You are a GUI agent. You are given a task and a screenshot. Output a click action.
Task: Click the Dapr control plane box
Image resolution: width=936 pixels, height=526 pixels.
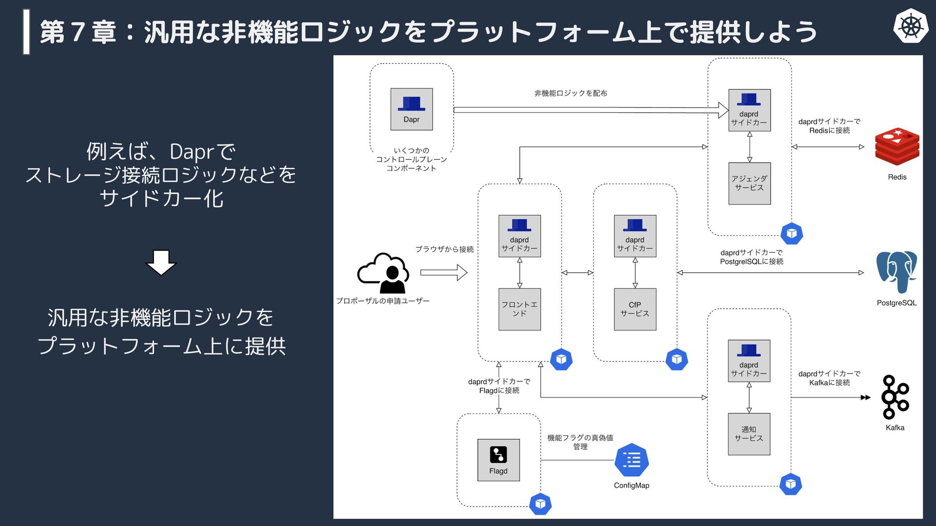pos(411,109)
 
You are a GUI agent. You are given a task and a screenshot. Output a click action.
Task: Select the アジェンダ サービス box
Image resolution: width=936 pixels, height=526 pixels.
pos(749,183)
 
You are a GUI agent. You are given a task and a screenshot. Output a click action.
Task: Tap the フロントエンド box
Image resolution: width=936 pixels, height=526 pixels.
pos(519,309)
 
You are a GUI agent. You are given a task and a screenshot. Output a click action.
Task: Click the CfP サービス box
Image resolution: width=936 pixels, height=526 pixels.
pos(635,309)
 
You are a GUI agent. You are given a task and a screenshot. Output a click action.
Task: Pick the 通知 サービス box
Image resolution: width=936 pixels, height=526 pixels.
pos(749,434)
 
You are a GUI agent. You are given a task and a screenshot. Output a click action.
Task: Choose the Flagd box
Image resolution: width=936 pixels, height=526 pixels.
pos(498,460)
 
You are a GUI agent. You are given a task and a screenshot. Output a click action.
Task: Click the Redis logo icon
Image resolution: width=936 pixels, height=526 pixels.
pos(897,147)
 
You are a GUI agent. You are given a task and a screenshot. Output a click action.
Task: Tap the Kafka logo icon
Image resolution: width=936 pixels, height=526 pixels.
pos(895,397)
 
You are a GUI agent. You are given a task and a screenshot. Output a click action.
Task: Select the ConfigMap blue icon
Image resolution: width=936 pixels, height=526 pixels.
pos(631,460)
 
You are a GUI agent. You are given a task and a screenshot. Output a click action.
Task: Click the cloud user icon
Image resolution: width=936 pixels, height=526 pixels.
pos(383,273)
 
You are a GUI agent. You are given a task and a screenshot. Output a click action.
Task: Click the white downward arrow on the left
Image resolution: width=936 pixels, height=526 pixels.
pos(161,263)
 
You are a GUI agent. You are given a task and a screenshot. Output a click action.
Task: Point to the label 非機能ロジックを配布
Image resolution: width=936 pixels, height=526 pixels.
pos(570,93)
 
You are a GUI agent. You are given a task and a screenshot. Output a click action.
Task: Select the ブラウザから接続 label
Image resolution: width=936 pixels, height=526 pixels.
pos(444,249)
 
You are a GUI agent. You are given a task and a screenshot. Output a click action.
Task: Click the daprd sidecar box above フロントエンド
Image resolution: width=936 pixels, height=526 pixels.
pos(519,236)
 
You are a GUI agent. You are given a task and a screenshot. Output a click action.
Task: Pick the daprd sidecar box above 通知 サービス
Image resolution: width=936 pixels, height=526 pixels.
pos(749,361)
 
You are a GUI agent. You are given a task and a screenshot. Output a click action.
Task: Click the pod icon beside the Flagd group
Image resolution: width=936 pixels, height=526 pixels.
pos(540,504)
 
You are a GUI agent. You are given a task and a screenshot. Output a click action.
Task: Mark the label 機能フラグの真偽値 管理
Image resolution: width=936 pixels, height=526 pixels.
pos(580,442)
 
